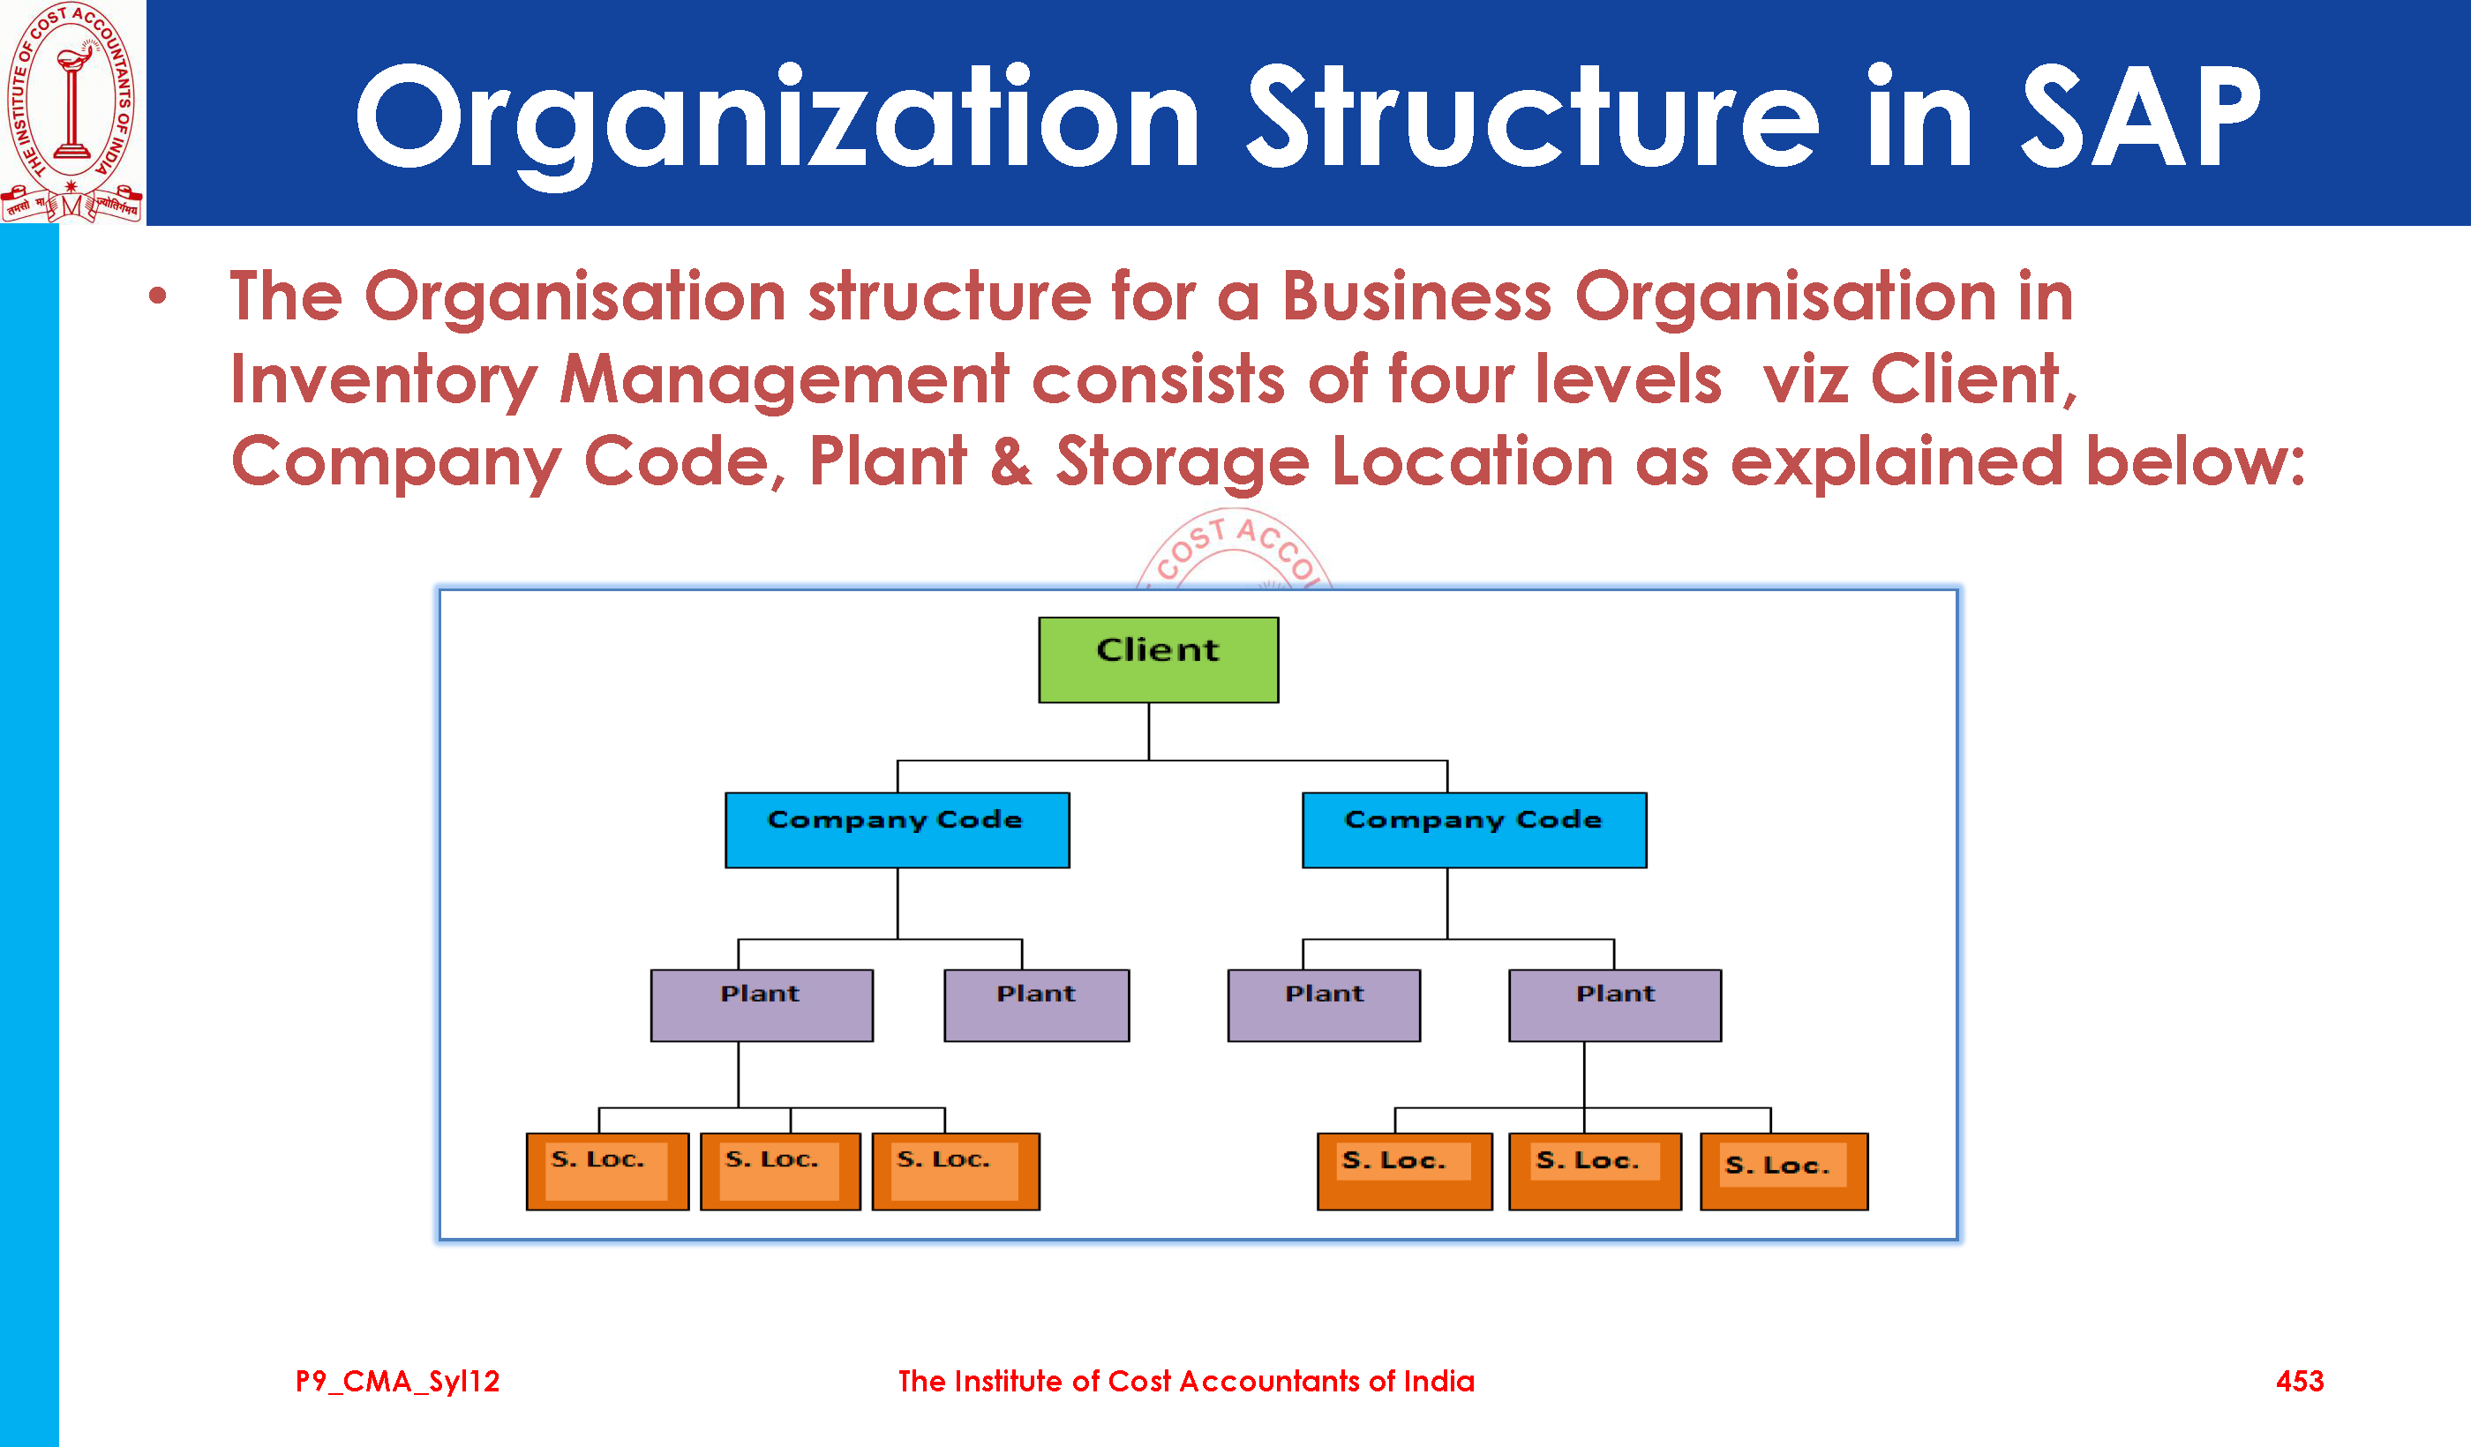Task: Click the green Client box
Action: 1158,659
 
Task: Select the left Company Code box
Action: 897,829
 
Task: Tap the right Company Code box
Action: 1474,829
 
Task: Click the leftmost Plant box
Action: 761,1005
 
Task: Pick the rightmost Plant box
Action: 1614,1005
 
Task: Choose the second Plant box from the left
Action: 1035,1005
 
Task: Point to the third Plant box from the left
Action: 1324,1005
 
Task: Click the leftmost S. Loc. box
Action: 607,1171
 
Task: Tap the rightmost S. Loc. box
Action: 1783,1171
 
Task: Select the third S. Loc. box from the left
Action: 955,1171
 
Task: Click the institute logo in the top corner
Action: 71,111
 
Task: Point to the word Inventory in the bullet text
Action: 383,380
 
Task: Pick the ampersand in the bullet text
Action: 1010,461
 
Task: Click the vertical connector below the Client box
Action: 1148,731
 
